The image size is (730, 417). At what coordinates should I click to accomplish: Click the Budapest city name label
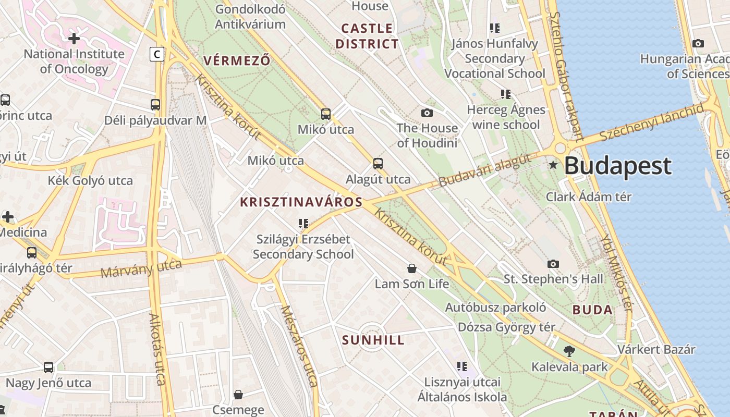tap(617, 166)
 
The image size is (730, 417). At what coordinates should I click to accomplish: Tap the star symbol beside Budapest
tap(553, 165)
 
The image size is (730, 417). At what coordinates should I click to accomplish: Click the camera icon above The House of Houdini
tap(427, 113)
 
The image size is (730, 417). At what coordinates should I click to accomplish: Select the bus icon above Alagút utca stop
tap(378, 164)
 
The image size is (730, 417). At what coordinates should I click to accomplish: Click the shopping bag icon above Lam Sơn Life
tap(412, 268)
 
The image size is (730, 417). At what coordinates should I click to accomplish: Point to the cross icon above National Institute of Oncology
tap(74, 38)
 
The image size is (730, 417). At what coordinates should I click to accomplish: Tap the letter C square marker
tap(157, 54)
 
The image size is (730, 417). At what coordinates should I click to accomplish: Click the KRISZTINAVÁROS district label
tap(301, 202)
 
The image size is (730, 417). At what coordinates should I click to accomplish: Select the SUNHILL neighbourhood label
tap(373, 340)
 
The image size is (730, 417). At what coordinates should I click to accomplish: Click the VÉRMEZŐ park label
tap(237, 61)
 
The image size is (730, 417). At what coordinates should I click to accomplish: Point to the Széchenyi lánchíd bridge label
tap(651, 122)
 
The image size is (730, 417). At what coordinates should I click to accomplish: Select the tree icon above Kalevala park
tap(569, 351)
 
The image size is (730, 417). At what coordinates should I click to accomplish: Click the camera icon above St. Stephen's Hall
tap(553, 264)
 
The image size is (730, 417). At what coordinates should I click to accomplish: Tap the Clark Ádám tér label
tap(588, 197)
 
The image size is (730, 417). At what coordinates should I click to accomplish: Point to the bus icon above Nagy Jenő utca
tap(48, 367)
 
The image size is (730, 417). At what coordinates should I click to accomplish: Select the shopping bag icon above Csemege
tap(238, 395)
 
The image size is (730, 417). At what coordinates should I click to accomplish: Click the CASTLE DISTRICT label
tap(367, 36)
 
